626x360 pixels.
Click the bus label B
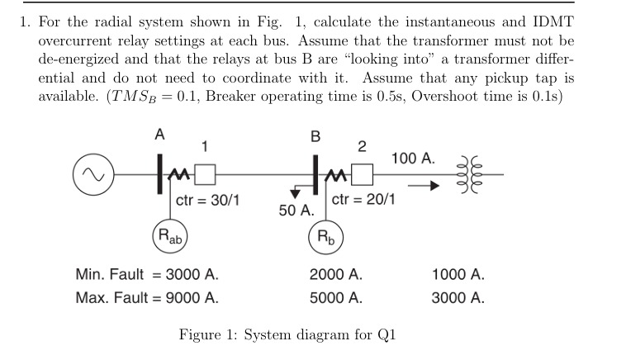(x=313, y=134)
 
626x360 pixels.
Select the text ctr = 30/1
(x=208, y=200)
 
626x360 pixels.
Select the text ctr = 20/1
(x=363, y=200)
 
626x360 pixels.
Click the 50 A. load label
(x=296, y=211)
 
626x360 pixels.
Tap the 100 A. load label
(x=415, y=158)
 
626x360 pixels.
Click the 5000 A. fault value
(x=335, y=297)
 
